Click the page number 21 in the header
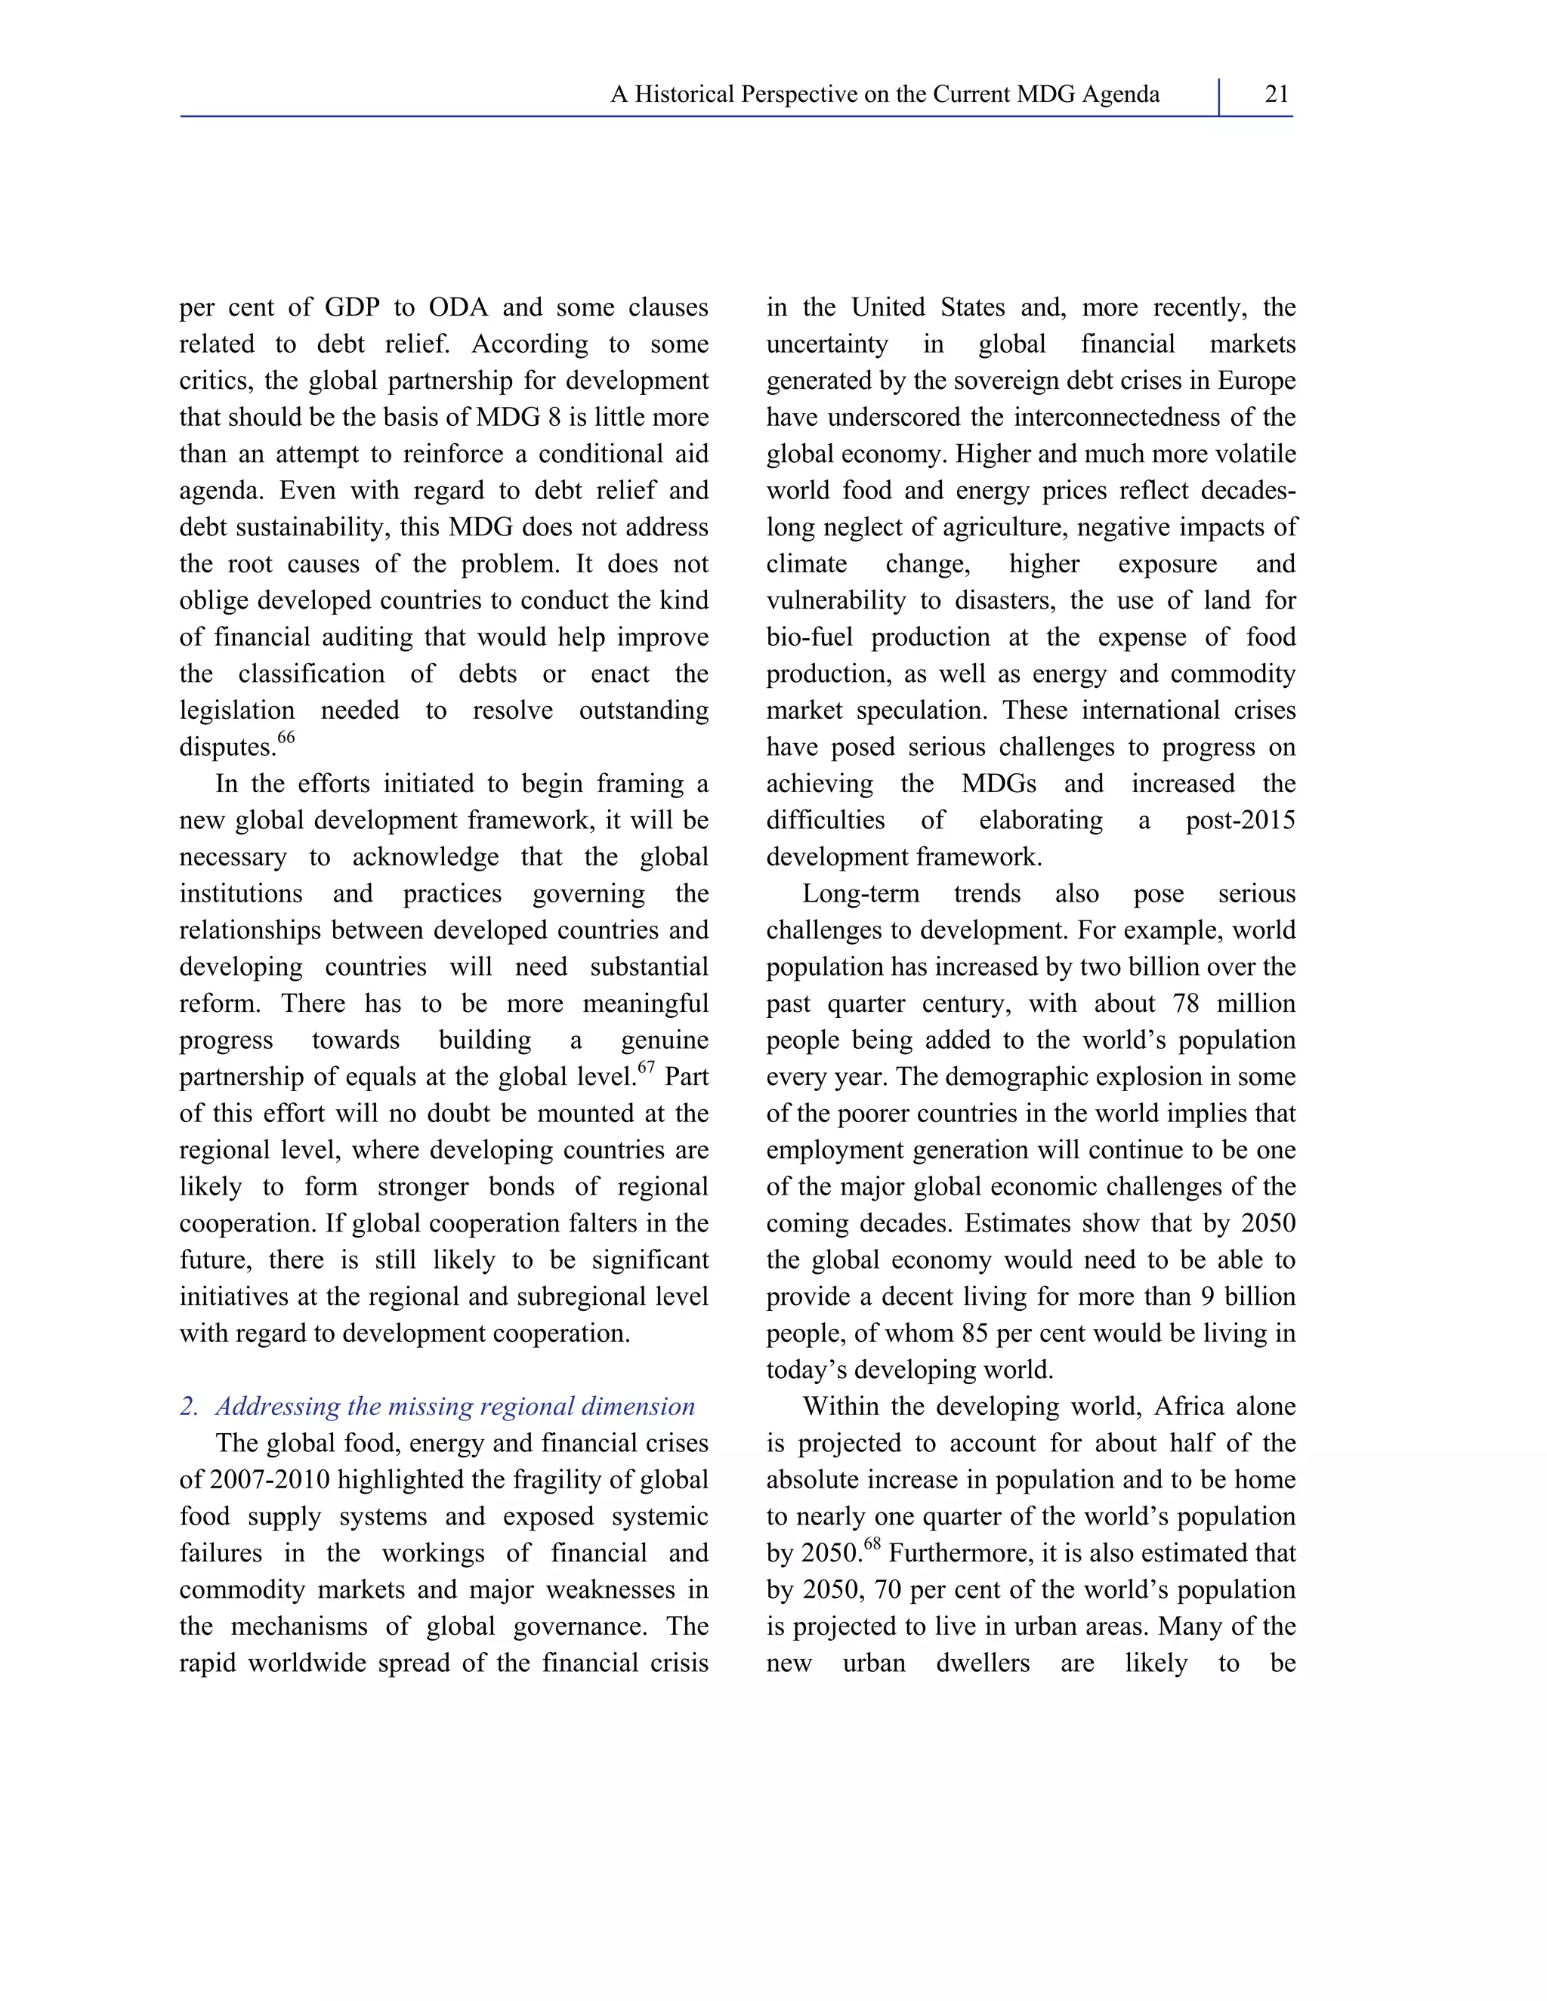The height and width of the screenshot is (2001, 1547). point(1276,94)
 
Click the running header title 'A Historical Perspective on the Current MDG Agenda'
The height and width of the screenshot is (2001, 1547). point(885,94)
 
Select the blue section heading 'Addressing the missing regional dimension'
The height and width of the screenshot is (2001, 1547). point(455,1407)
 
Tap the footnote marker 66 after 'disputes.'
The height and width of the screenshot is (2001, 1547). point(286,738)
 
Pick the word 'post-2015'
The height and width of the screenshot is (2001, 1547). point(1240,820)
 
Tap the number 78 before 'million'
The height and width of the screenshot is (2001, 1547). point(1186,1004)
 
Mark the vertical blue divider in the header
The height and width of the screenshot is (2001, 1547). point(1219,96)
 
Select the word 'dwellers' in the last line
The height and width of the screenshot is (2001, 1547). point(983,1663)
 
